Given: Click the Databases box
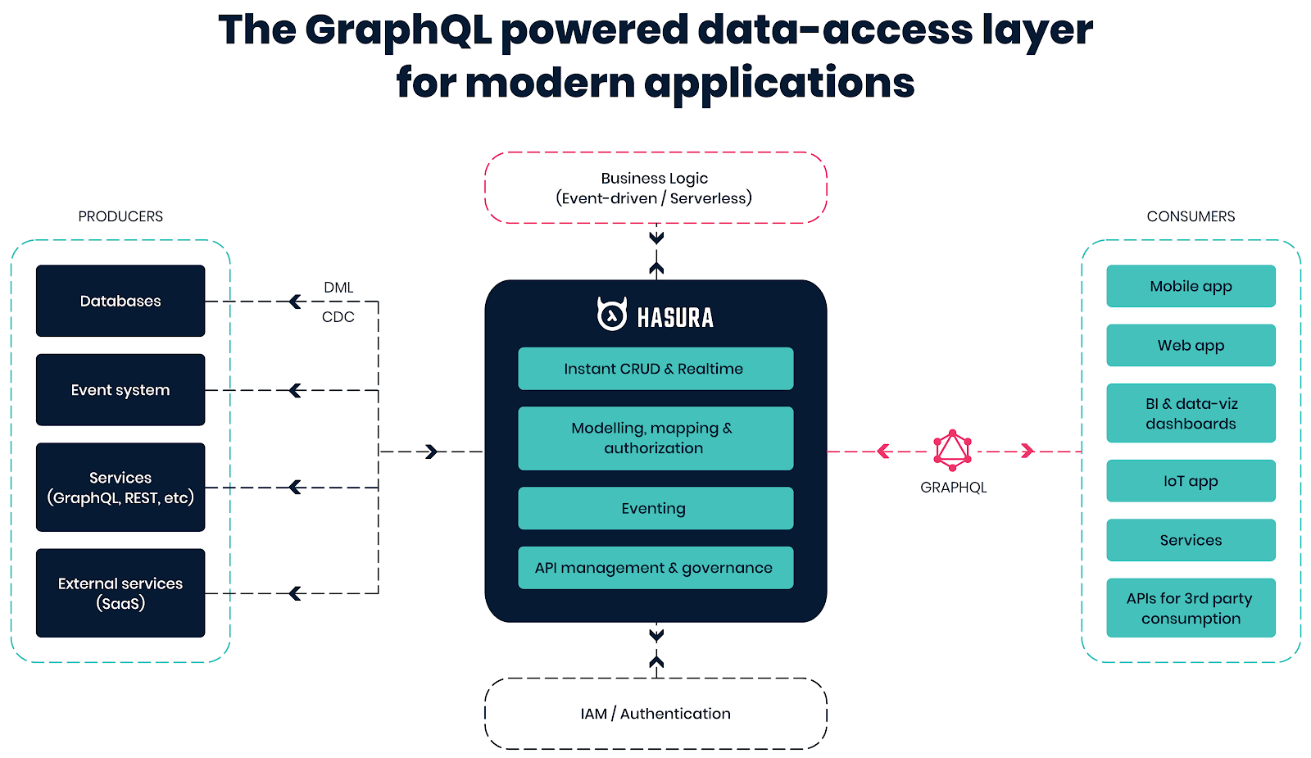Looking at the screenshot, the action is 120,301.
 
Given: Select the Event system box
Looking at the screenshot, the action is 120,390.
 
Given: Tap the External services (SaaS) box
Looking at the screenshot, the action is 120,593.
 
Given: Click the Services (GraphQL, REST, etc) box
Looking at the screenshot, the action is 120,487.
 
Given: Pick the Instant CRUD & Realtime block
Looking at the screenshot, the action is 655,369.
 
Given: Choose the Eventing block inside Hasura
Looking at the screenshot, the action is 655,508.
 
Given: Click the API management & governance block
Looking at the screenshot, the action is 655,568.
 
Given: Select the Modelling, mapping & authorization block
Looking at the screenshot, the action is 655,438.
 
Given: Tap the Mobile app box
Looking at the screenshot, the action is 1191,286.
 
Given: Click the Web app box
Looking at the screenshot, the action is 1191,345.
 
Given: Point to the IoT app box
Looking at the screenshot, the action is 1191,480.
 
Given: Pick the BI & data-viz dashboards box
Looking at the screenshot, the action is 1191,413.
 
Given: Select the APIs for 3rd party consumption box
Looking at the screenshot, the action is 1191,607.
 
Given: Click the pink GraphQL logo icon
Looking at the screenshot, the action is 952,450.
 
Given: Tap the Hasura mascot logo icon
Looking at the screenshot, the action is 612,314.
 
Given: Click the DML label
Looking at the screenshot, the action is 338,288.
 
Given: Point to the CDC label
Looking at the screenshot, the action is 338,316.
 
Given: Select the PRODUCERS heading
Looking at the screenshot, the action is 120,216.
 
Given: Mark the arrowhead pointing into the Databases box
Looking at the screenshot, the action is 296,302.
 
